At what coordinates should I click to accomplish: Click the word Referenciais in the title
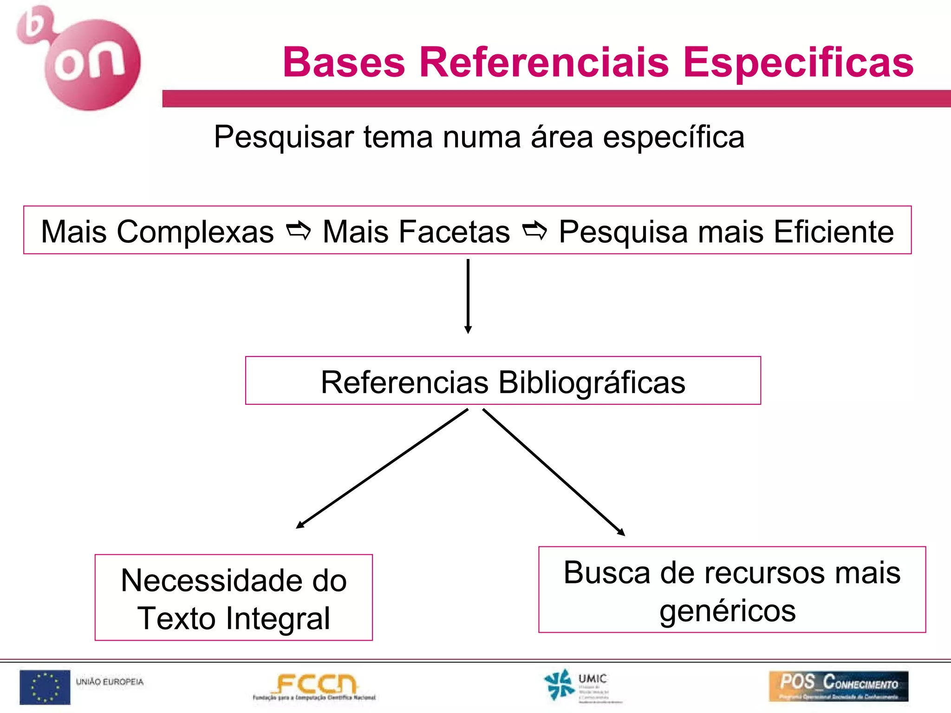click(544, 62)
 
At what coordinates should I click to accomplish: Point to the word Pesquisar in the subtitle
click(284, 137)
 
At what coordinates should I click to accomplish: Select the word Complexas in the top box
click(195, 232)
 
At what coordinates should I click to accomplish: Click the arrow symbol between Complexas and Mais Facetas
click(298, 231)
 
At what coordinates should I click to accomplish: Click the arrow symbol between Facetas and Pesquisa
click(534, 231)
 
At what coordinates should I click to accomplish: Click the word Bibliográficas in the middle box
click(592, 382)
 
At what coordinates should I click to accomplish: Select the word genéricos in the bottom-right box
click(728, 611)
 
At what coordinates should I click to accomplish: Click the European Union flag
click(45, 687)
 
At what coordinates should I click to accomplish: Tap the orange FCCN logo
click(315, 686)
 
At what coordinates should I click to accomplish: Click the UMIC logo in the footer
click(576, 686)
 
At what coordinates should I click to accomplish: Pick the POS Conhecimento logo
click(838, 686)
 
